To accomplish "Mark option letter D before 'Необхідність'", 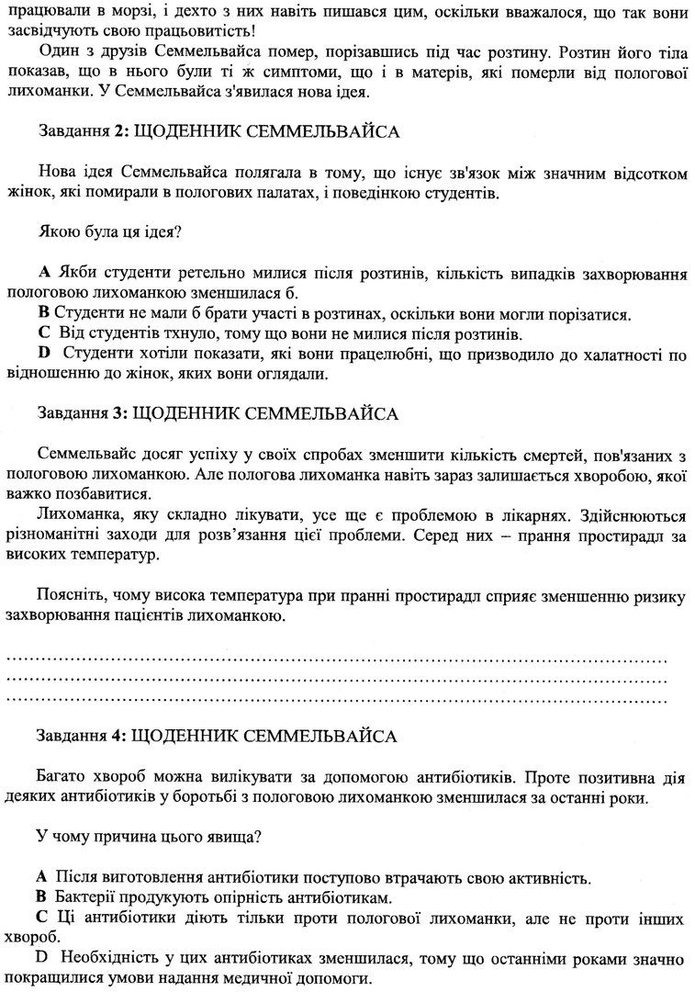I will click(42, 958).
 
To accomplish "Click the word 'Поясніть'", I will click(71, 596).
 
